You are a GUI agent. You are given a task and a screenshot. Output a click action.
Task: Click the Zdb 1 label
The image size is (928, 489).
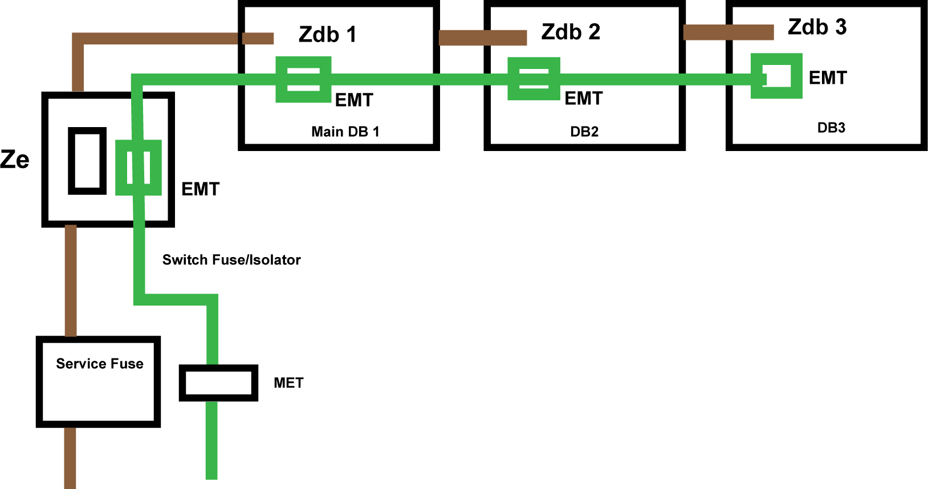328,35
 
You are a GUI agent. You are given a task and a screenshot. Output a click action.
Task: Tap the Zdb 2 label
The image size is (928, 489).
571,32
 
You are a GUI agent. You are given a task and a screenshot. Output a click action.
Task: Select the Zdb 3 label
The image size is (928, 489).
817,27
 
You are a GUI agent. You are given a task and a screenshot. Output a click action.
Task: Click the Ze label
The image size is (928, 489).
15,160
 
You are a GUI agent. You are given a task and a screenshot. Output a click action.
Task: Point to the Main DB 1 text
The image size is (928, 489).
345,132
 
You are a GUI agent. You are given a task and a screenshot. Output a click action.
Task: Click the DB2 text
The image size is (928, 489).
584,132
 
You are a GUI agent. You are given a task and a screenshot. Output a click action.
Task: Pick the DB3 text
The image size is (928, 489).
831,128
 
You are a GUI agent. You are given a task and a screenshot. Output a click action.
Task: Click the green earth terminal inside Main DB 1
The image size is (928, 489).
303,79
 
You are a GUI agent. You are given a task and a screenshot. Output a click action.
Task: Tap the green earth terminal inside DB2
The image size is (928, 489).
534,79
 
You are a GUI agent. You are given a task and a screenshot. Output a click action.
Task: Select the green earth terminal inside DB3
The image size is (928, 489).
776,76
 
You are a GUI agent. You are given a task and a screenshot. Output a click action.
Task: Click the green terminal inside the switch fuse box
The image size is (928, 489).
139,168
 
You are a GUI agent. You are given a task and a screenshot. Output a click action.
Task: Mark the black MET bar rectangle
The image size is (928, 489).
218,382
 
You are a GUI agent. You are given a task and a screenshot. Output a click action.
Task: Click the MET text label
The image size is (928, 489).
288,383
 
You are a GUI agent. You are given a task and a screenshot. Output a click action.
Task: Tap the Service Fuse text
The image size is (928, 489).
100,364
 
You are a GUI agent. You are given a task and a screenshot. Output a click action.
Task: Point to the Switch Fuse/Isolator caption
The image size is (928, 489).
231,260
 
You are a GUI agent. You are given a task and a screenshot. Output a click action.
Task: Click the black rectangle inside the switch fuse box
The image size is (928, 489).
87,161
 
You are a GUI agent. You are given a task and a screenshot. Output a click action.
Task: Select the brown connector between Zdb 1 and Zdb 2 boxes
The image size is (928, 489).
482,38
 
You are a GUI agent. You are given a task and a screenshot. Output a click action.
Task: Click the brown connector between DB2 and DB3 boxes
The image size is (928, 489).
728,32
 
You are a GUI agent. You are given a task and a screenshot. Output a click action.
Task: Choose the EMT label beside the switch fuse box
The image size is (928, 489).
200,189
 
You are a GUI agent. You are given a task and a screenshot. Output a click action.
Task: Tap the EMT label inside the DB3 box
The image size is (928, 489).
828,78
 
